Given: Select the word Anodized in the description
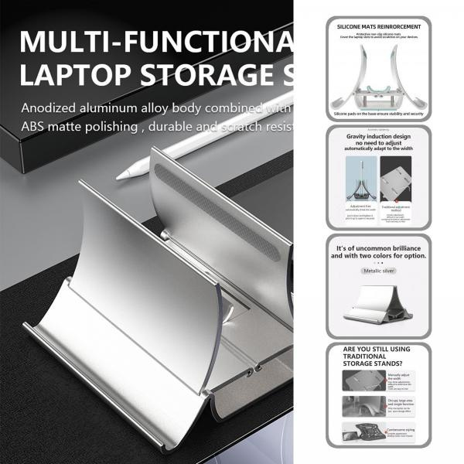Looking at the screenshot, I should pyautogui.click(x=50, y=108).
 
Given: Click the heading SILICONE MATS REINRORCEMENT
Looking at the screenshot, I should pyautogui.click(x=379, y=26).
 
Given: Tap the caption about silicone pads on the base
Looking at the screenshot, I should pyautogui.click(x=379, y=113).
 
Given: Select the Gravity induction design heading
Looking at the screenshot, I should pyautogui.click(x=379, y=135).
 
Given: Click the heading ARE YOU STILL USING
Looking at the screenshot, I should pyautogui.click(x=379, y=350).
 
